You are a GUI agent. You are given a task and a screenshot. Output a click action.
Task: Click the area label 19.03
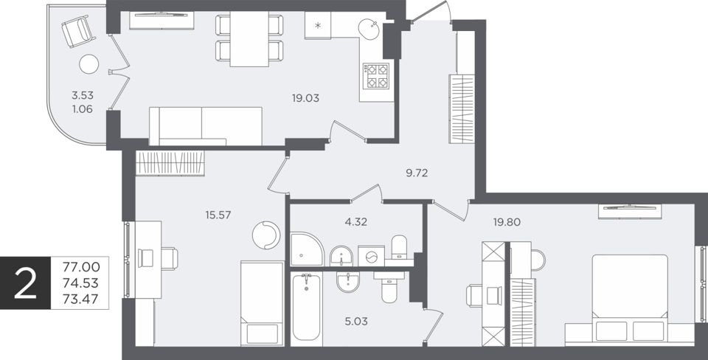click(x=305, y=98)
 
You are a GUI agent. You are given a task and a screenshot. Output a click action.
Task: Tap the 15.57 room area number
click(x=218, y=215)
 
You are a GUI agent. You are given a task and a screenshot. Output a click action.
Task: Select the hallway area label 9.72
click(x=416, y=173)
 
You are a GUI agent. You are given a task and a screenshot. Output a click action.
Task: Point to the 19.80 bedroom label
click(x=507, y=222)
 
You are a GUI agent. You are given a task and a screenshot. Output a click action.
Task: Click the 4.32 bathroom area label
click(x=355, y=222)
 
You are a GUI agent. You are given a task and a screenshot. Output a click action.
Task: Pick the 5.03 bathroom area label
click(x=355, y=322)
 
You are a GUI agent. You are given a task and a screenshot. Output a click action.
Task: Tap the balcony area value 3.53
click(x=82, y=95)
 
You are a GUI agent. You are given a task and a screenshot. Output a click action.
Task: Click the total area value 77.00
click(x=82, y=267)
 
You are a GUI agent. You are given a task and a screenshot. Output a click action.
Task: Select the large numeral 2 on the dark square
click(x=25, y=283)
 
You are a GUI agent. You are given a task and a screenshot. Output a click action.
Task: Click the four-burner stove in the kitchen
click(x=377, y=75)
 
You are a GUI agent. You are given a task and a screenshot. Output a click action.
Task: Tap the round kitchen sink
click(x=370, y=29)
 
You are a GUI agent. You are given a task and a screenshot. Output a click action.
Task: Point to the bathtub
click(x=306, y=308)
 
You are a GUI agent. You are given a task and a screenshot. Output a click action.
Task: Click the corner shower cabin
click(x=307, y=249)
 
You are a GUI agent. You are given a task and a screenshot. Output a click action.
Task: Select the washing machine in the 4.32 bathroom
click(x=371, y=256)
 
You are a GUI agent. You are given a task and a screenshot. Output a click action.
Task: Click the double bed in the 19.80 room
click(x=630, y=300)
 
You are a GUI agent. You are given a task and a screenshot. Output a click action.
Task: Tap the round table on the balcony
click(x=89, y=64)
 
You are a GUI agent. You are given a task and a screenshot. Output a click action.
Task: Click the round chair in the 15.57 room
click(x=266, y=235)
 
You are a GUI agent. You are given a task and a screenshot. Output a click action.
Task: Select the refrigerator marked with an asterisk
click(x=318, y=25)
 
